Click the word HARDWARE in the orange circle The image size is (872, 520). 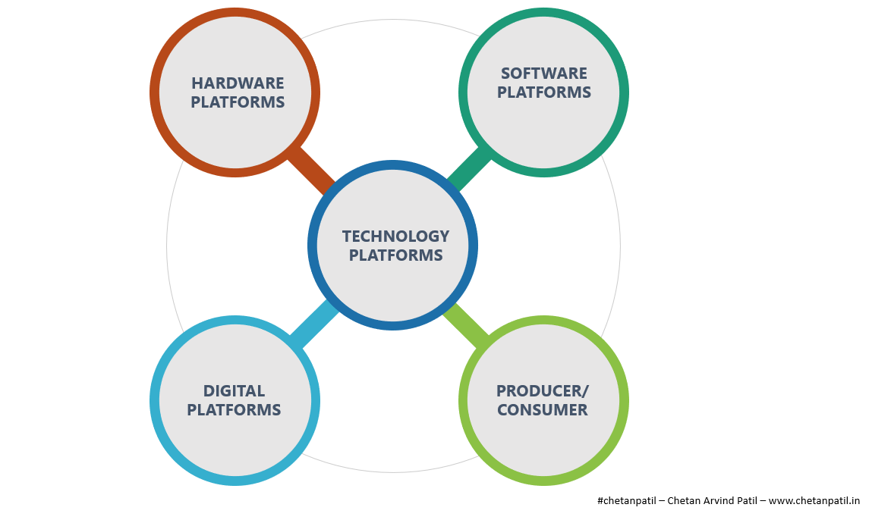point(238,83)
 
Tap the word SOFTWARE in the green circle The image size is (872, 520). point(543,74)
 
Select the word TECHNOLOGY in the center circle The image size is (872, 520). point(395,237)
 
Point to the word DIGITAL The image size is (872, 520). point(234,391)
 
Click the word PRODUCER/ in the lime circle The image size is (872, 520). point(542,391)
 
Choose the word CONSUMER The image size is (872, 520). point(542,410)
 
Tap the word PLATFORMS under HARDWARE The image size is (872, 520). point(238,102)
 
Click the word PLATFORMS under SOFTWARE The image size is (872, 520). point(543,92)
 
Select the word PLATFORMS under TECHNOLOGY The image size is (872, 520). point(395,255)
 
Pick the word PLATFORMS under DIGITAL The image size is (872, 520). point(234,410)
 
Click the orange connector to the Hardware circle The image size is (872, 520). point(312,170)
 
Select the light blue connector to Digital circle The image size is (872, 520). point(313,324)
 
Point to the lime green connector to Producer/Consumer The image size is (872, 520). point(465,325)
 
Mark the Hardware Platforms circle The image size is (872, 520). point(235,129)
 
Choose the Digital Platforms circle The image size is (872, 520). point(235,440)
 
